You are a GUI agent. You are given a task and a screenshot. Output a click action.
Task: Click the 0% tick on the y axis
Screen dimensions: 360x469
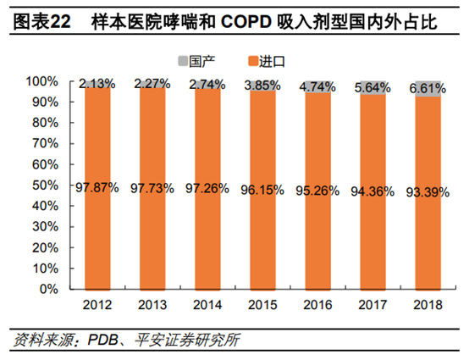(46, 290)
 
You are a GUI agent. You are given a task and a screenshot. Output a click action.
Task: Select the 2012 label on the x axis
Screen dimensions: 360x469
(97, 303)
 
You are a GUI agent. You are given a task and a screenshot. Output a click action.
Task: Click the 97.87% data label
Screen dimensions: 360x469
(97, 188)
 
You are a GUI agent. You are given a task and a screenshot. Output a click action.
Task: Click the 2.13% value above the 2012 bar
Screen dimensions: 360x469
(97, 84)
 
